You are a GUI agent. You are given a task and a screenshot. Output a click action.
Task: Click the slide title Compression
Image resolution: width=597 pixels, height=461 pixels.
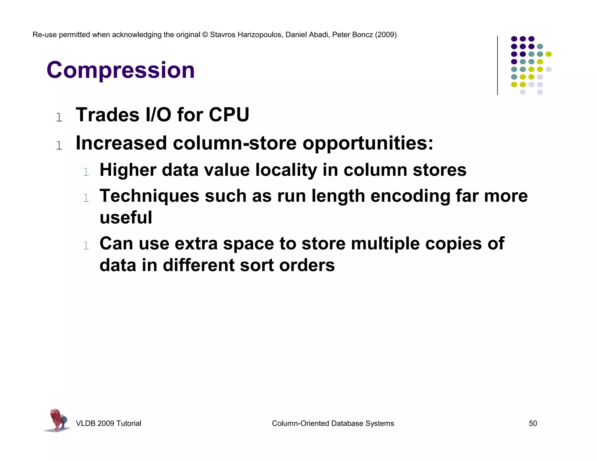pyautogui.click(x=121, y=70)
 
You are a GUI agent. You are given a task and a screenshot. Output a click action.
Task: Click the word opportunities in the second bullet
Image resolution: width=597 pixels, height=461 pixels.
pyautogui.click(x=368, y=143)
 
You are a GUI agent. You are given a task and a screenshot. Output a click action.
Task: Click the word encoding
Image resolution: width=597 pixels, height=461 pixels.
pyautogui.click(x=410, y=196)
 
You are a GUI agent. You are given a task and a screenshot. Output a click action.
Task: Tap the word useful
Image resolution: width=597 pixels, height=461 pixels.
pyautogui.click(x=126, y=217)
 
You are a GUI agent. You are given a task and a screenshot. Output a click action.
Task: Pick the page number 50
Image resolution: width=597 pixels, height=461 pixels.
pyautogui.click(x=533, y=423)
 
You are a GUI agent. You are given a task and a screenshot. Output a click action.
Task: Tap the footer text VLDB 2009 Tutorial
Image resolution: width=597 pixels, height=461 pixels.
pyautogui.click(x=108, y=423)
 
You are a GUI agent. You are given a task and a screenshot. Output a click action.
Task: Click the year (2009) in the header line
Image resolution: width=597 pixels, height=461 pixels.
pyautogui.click(x=386, y=35)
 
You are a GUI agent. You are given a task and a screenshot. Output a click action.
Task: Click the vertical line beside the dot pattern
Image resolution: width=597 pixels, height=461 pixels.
pyautogui.click(x=497, y=65)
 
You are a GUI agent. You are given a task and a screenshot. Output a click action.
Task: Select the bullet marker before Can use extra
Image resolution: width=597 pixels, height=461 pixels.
pyautogui.click(x=86, y=246)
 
